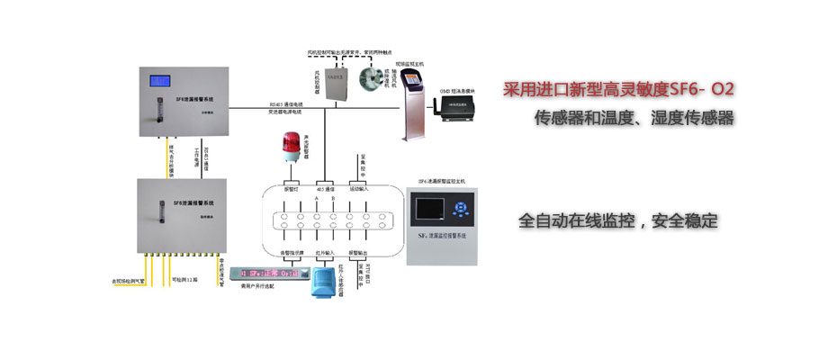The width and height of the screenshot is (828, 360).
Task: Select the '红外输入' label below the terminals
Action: point(323,254)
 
